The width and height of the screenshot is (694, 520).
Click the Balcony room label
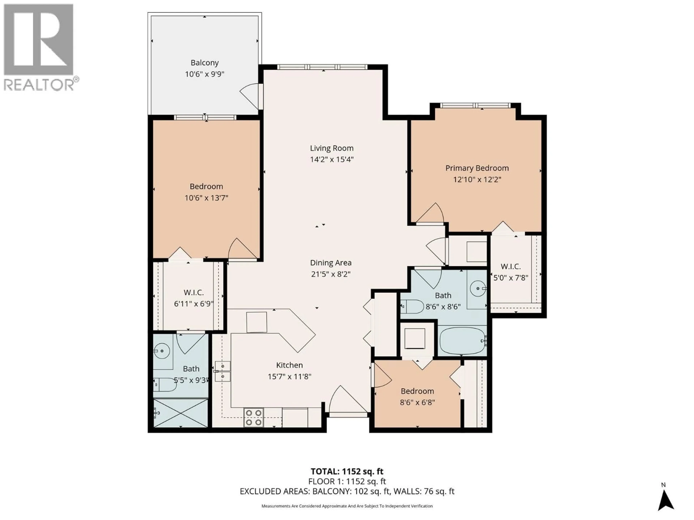pos(205,63)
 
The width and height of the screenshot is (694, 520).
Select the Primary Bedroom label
pos(477,168)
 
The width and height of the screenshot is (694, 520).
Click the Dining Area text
pos(331,263)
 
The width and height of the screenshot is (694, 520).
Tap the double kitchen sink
pos(222,371)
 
